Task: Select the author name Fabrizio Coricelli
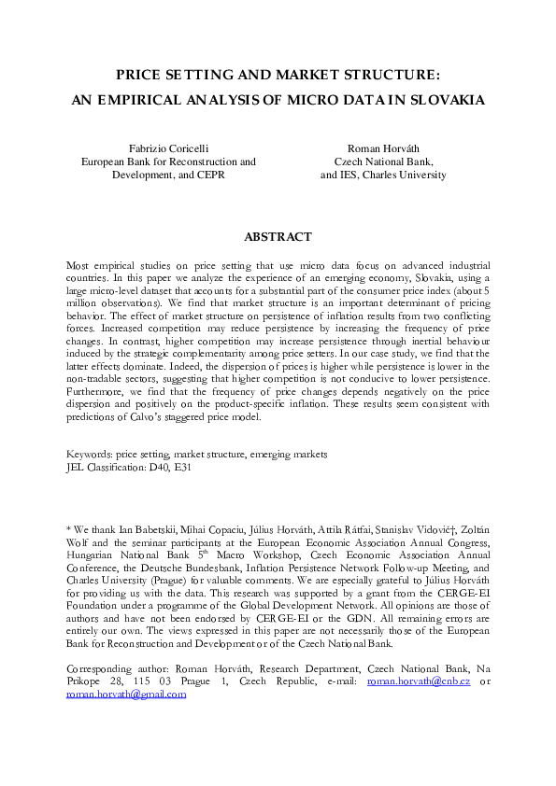pos(168,148)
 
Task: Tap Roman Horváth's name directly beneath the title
pos(383,148)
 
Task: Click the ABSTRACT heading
pos(278,237)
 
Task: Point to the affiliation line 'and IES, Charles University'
pos(383,175)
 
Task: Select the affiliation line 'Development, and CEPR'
pos(168,175)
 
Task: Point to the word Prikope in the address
pos(86,682)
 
